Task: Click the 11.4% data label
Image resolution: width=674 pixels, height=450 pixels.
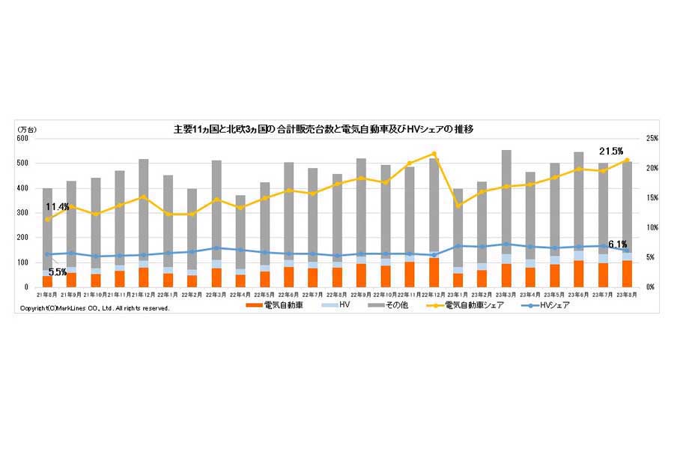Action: click(x=57, y=206)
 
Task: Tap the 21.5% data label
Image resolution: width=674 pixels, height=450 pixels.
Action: click(x=612, y=151)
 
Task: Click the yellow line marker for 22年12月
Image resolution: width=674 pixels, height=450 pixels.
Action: click(x=434, y=154)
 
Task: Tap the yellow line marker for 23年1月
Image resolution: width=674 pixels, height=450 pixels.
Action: click(x=458, y=205)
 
